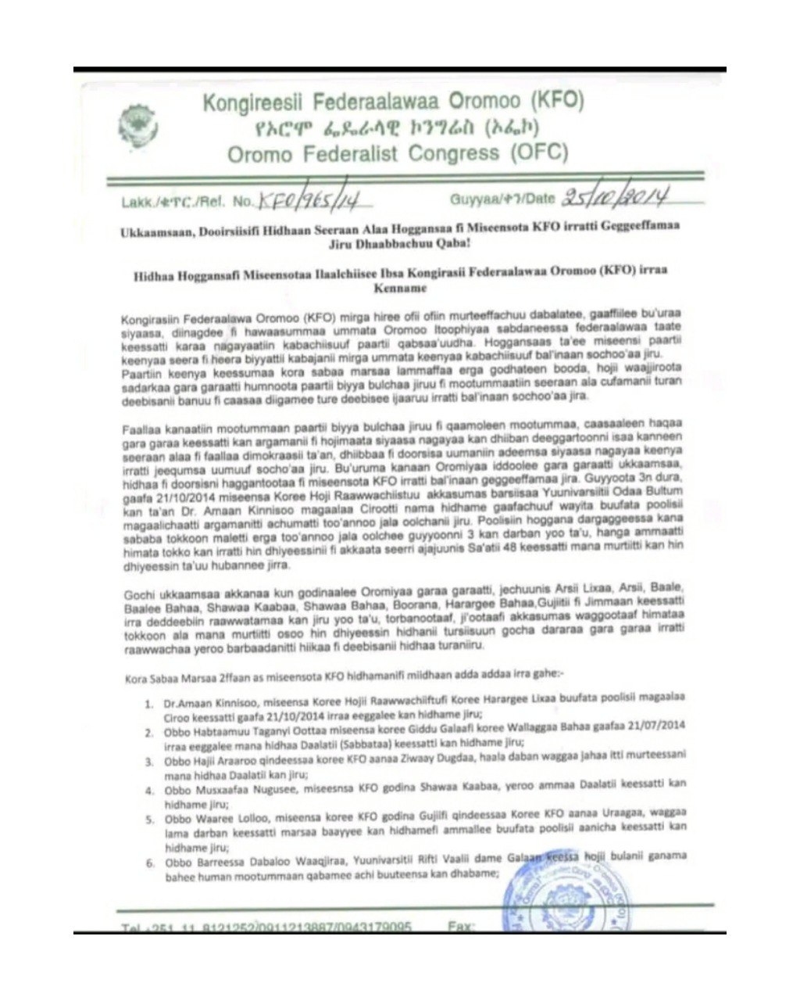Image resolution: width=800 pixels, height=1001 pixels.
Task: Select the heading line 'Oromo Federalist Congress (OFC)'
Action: pyautogui.click(x=398, y=152)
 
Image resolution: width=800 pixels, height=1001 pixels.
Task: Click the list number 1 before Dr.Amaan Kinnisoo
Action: pyautogui.click(x=148, y=704)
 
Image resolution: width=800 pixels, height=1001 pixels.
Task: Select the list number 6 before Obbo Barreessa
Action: pyautogui.click(x=149, y=863)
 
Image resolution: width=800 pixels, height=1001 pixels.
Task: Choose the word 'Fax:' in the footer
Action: pyautogui.click(x=461, y=927)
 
